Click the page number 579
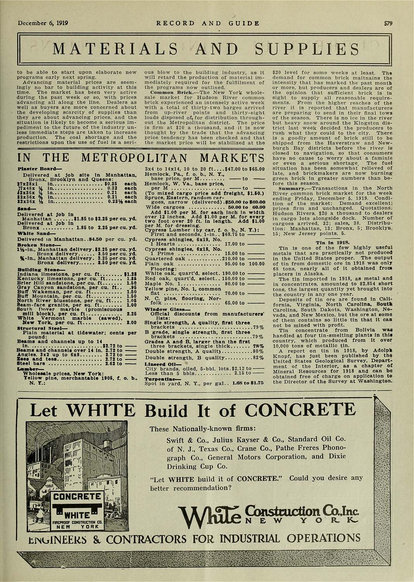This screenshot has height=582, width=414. coord(388,23)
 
